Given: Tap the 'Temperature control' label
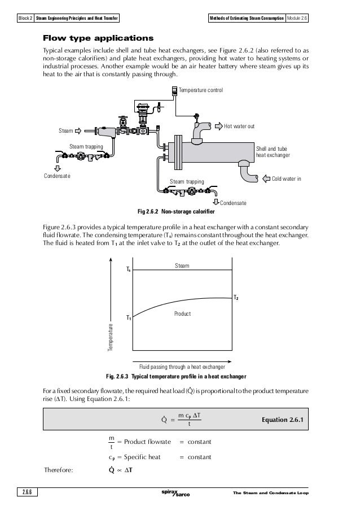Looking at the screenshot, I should tap(201, 90).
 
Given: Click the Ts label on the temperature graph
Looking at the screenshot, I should tap(128, 271).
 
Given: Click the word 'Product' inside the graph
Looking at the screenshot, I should tap(182, 313).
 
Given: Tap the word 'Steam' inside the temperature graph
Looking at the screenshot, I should tap(182, 265).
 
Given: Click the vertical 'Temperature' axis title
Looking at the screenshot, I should tap(112, 335).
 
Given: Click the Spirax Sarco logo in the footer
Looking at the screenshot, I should tap(175, 494).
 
